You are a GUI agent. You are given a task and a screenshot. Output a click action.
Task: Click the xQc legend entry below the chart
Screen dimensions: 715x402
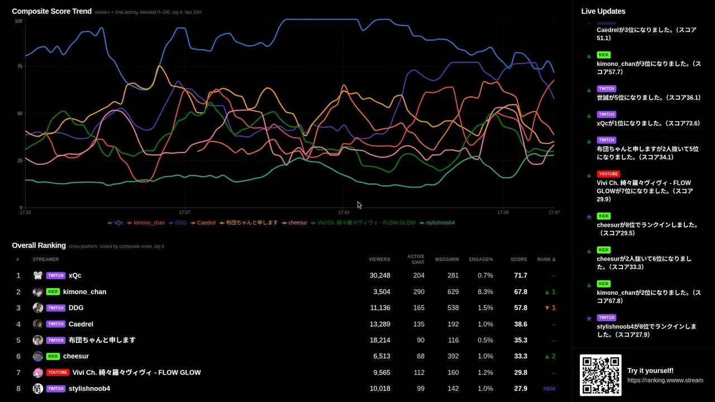click(115, 223)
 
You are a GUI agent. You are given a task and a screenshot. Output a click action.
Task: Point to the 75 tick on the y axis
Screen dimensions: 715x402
click(20, 66)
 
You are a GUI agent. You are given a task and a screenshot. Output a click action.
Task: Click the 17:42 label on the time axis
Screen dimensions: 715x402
click(344, 213)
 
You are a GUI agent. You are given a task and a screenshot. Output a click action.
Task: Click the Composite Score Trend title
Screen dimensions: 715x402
click(52, 12)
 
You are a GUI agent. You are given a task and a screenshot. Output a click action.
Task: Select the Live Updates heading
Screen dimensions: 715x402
click(603, 12)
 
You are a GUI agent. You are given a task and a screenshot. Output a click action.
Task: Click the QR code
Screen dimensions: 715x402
click(600, 375)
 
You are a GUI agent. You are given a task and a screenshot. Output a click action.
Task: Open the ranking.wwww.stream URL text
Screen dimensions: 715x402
click(665, 380)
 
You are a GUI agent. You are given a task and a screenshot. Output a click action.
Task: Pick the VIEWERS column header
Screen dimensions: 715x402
click(379, 260)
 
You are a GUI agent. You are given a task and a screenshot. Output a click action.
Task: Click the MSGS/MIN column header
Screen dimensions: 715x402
click(446, 260)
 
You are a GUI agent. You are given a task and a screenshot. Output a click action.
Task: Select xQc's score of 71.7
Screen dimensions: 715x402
click(521, 275)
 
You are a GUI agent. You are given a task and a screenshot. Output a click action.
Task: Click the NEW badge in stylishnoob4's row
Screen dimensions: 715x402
click(549, 389)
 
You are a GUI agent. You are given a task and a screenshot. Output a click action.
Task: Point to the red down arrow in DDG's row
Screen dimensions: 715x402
click(547, 308)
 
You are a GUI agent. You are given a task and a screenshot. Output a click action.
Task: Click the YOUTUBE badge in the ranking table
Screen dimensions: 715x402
click(58, 372)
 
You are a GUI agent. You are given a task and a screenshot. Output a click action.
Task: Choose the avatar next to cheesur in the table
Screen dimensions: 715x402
click(37, 356)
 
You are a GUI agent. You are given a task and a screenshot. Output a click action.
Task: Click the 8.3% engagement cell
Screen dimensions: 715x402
click(485, 291)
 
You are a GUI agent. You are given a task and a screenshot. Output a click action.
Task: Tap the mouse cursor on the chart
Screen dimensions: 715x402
click(359, 205)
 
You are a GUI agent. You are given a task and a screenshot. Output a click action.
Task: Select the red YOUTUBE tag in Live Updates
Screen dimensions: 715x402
click(608, 174)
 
